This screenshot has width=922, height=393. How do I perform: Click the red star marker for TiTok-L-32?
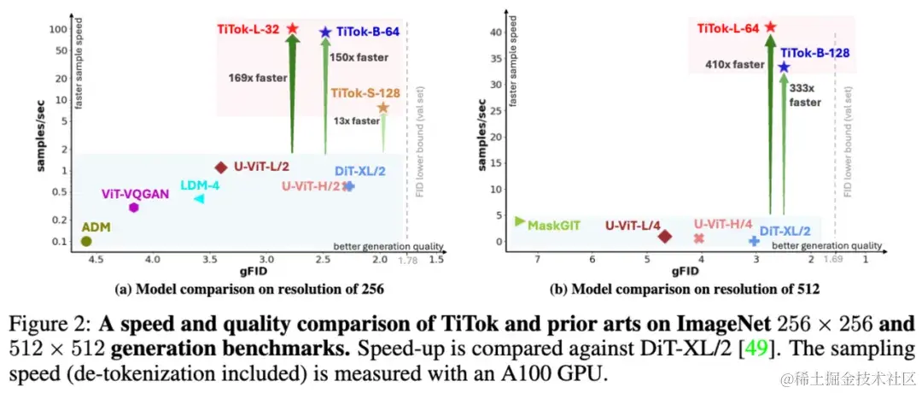292,28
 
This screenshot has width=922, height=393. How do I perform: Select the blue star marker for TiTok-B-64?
325,32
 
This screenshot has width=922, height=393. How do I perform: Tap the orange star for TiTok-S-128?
383,108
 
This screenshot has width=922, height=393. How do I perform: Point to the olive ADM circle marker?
86,241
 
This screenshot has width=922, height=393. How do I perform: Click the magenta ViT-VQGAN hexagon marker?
134,208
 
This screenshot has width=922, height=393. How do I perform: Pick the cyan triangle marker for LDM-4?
199,198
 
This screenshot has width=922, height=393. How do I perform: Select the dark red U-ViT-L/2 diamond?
221,167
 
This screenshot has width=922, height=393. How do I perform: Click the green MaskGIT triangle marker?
520,221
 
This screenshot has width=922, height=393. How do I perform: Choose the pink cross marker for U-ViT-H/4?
699,238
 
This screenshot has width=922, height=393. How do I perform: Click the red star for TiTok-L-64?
770,27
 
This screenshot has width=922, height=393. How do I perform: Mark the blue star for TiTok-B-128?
783,67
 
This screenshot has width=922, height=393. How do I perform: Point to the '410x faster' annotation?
735,64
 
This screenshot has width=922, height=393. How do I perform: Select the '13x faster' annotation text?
356,120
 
